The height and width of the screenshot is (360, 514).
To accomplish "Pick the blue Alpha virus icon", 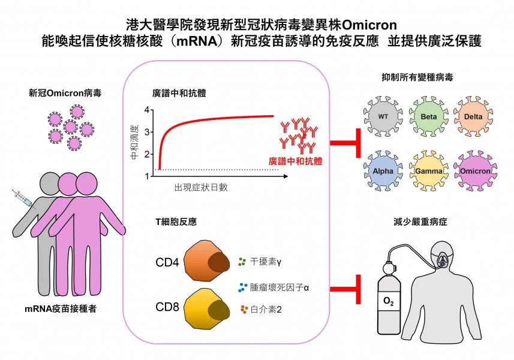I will pos(382,170).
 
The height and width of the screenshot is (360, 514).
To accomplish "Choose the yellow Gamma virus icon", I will pos(428,171).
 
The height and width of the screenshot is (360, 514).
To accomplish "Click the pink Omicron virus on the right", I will pos(475,171).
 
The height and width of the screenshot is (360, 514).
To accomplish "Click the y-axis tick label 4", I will pos(146,110).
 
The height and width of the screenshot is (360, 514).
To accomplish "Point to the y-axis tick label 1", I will pos(146,176).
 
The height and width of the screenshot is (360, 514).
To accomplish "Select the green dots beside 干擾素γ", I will pos(242,262).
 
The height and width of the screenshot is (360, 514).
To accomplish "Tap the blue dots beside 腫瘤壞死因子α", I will pos(242,287).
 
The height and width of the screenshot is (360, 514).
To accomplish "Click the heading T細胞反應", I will pos(176,222).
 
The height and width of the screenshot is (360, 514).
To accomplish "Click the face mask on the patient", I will pos(442,262).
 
